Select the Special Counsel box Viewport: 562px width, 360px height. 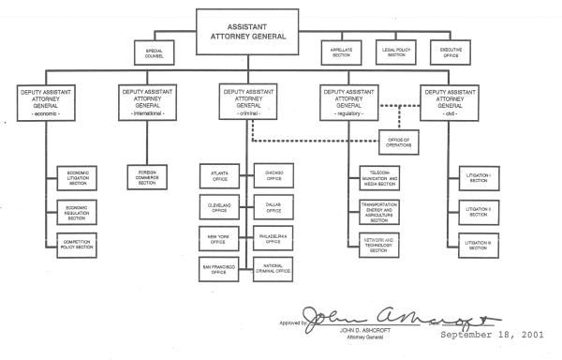[x=155, y=52]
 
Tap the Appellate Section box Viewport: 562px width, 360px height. [x=341, y=52]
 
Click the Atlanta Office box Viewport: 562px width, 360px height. [x=220, y=175]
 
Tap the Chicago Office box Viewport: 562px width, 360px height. [x=274, y=175]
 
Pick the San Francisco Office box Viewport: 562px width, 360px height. [x=220, y=268]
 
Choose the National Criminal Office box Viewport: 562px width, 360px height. [x=274, y=268]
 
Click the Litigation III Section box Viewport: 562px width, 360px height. [x=485, y=245]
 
